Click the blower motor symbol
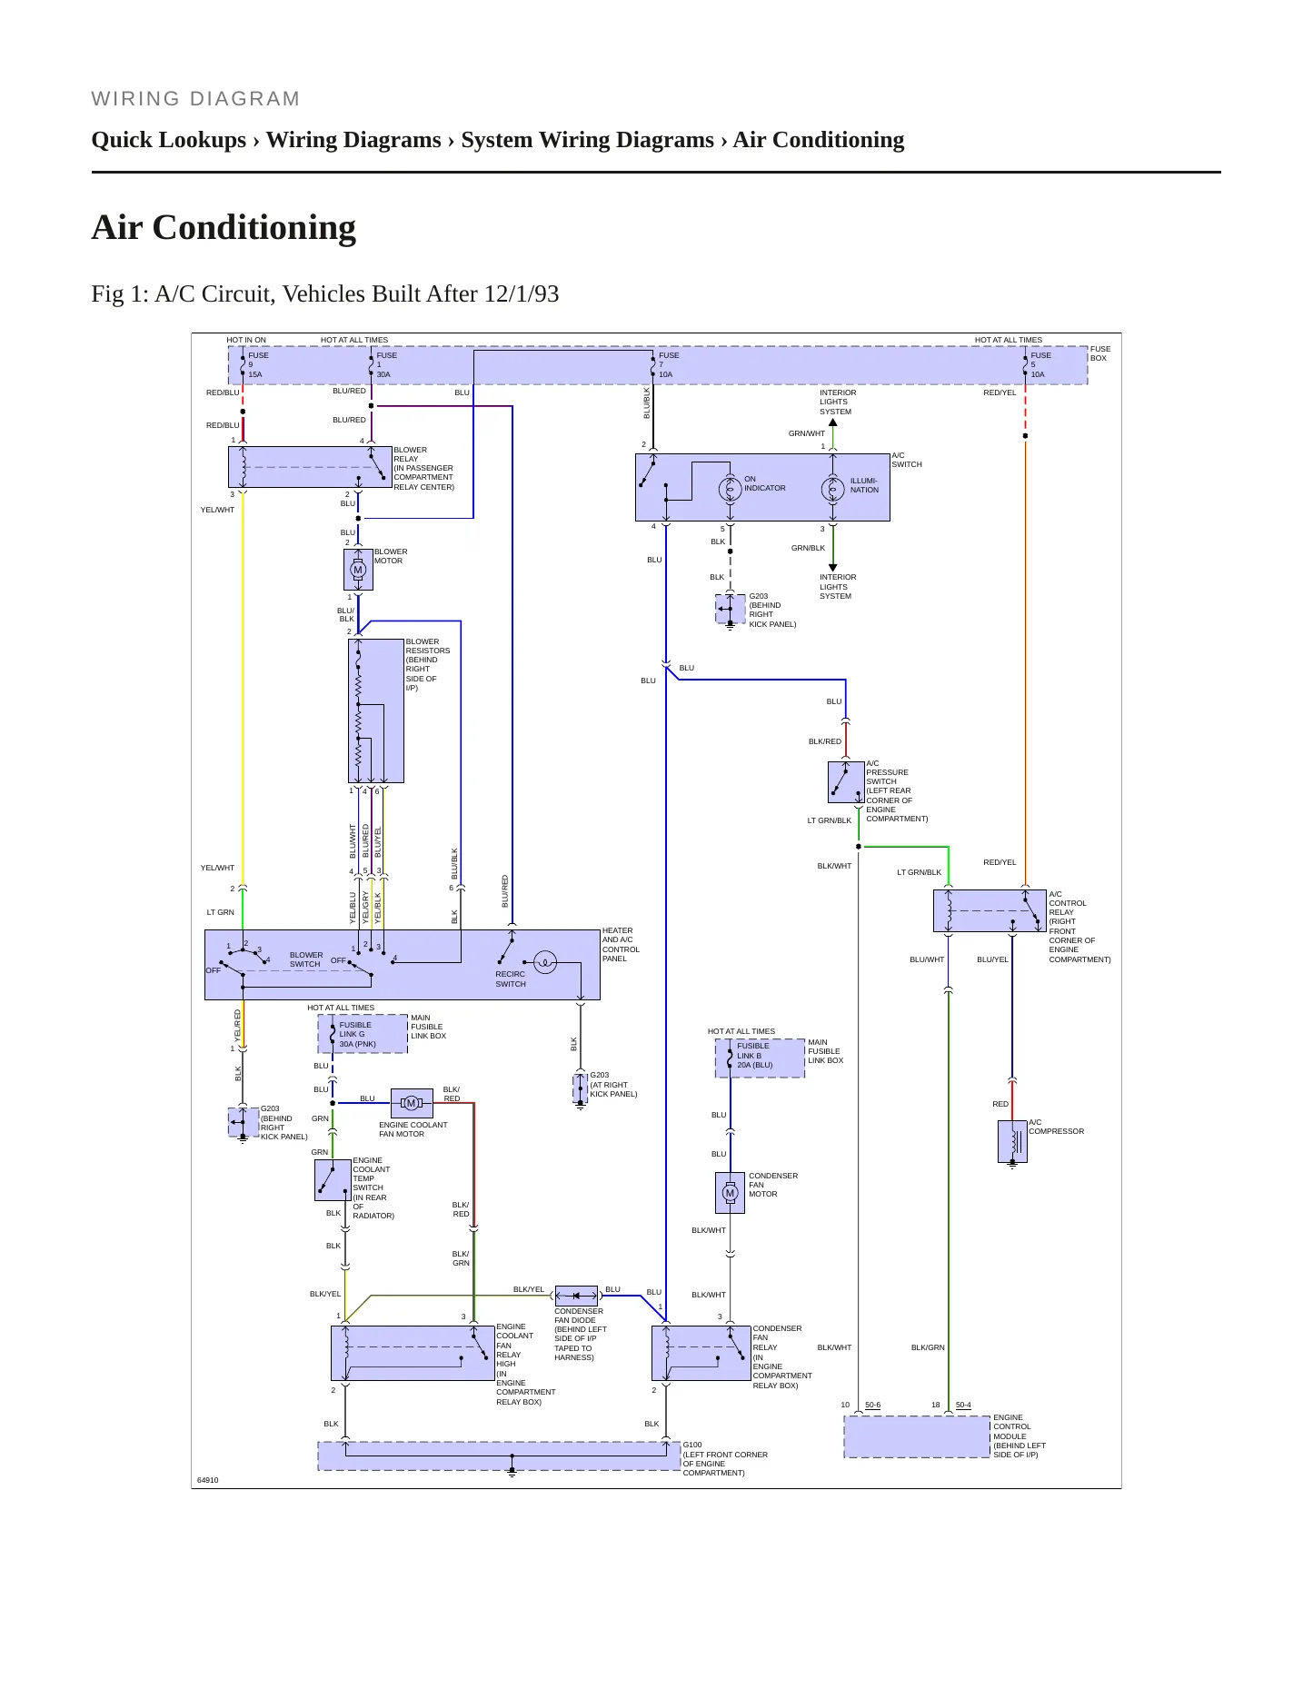tap(358, 570)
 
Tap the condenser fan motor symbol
tap(730, 1192)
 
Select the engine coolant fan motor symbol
tap(412, 1103)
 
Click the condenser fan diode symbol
tap(577, 1296)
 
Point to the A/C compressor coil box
tap(1012, 1141)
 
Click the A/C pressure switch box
tap(846, 782)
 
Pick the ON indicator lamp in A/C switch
tap(730, 489)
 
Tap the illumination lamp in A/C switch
tap(832, 489)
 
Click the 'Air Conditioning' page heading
tap(224, 228)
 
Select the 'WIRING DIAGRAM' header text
tap(195, 98)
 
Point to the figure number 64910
tap(207, 1480)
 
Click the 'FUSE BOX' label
tap(1100, 353)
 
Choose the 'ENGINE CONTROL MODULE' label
tap(1011, 1426)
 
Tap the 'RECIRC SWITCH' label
tap(511, 979)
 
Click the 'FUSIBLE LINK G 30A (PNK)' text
tap(357, 1034)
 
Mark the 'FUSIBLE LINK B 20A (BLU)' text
tap(754, 1055)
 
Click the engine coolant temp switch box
tap(333, 1180)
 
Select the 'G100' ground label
tap(692, 1445)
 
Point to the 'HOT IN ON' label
tap(246, 340)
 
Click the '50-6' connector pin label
tap(872, 1405)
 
